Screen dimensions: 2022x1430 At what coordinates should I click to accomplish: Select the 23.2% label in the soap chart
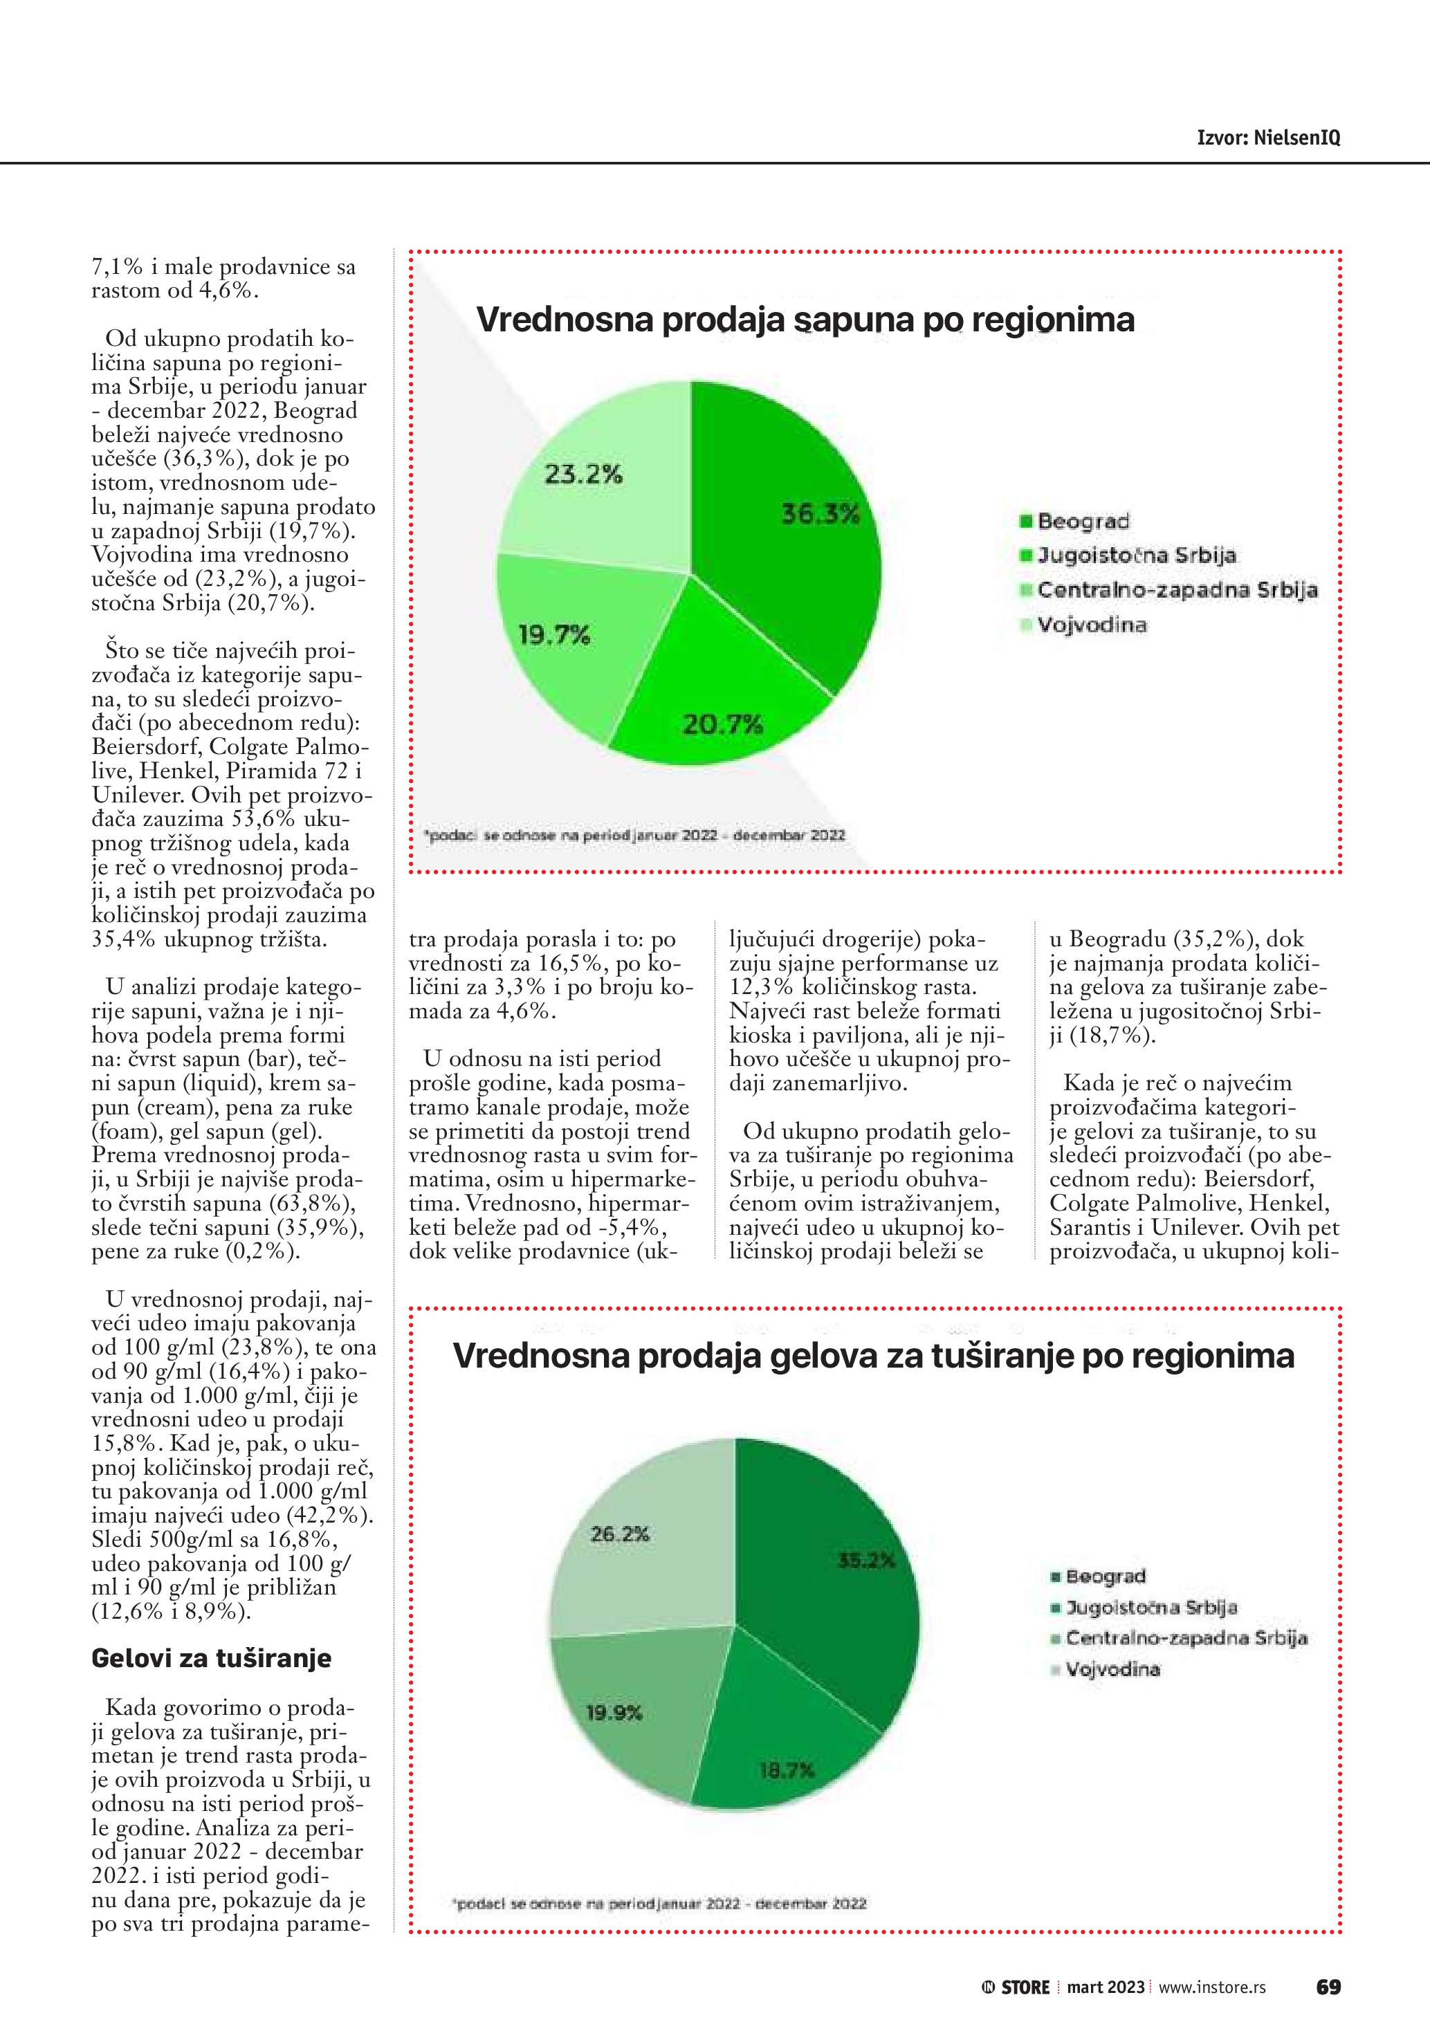point(583,475)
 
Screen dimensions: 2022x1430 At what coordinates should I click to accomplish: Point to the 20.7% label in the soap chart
point(723,725)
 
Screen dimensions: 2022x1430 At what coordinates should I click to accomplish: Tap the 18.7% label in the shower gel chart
point(787,1770)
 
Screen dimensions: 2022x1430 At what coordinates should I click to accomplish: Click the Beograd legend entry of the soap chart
point(1082,522)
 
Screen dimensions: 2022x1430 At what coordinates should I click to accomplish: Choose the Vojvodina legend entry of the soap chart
point(1091,625)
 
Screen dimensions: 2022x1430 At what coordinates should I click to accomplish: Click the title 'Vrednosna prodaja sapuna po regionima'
point(805,319)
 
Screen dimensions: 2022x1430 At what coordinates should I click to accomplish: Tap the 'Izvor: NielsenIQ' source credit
point(1268,138)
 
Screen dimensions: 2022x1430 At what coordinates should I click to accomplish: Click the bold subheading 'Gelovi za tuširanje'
point(211,1658)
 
